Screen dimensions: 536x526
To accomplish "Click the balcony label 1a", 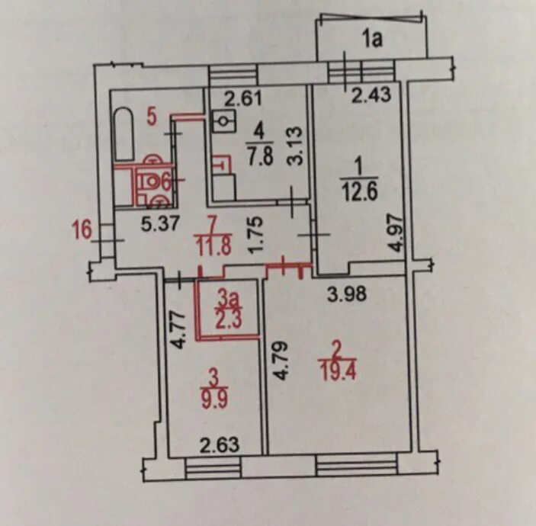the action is click(372, 39).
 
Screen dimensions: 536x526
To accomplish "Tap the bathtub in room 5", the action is click(124, 134).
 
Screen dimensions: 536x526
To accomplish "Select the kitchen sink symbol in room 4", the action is click(224, 121).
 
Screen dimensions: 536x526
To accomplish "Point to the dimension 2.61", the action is click(243, 98).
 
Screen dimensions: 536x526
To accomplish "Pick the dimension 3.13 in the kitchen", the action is click(295, 146).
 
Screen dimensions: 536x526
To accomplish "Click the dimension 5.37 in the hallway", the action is click(161, 225).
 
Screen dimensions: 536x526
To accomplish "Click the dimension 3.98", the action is click(347, 293).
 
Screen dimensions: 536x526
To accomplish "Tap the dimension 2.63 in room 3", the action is click(220, 444).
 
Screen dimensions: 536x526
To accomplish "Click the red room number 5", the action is click(152, 117).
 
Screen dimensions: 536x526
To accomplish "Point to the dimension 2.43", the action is click(371, 95).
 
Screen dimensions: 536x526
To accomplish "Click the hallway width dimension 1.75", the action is click(256, 235).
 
